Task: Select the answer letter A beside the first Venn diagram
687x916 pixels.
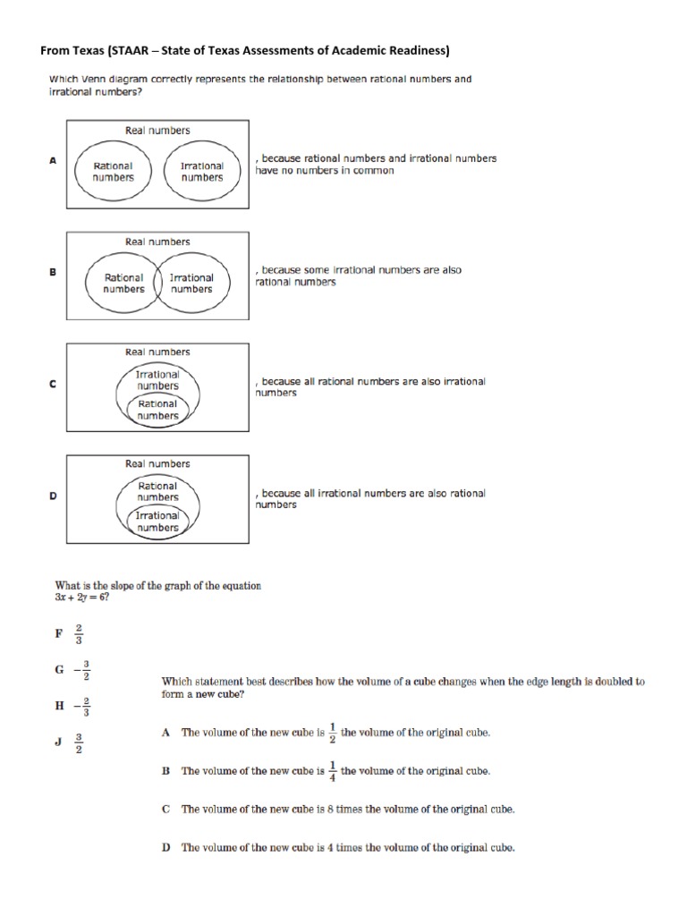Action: (x=53, y=160)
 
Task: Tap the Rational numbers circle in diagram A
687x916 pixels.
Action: (x=113, y=172)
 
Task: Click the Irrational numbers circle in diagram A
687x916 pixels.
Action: (x=202, y=172)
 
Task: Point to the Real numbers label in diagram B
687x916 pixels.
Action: (x=157, y=242)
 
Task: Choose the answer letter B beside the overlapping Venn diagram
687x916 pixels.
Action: (x=53, y=272)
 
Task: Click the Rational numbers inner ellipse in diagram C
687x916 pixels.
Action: (x=157, y=410)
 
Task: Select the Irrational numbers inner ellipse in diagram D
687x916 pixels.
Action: (x=157, y=522)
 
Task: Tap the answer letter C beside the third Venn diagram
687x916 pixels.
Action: (x=53, y=384)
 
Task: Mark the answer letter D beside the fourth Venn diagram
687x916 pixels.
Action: (x=53, y=496)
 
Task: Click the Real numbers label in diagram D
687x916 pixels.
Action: (x=157, y=464)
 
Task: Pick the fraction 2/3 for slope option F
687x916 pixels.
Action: (x=78, y=633)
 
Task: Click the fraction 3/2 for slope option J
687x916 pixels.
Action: (x=79, y=743)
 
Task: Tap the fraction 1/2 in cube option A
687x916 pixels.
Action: (x=332, y=732)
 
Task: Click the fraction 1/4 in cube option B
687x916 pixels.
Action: (x=332, y=770)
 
